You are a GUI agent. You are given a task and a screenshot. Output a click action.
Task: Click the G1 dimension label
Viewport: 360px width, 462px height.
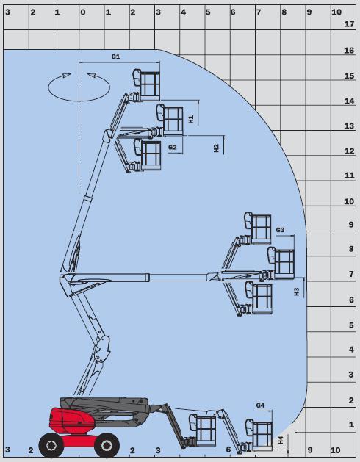click(x=115, y=57)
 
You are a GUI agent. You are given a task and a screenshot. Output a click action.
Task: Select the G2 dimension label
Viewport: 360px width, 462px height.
click(x=172, y=147)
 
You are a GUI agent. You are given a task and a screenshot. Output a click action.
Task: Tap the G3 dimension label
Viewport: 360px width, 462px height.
click(x=280, y=230)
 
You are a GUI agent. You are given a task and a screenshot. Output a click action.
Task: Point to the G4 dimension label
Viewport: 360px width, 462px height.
click(x=260, y=405)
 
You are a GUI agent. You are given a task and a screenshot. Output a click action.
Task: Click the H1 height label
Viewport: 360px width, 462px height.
click(x=191, y=119)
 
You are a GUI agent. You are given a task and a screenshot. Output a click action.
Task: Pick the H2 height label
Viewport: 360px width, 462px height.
click(x=217, y=148)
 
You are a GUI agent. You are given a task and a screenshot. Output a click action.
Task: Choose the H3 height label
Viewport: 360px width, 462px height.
click(x=297, y=292)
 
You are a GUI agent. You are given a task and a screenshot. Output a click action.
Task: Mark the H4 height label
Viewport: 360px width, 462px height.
click(x=281, y=440)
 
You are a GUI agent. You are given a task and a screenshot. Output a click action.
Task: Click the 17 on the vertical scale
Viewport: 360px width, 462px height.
click(x=349, y=24)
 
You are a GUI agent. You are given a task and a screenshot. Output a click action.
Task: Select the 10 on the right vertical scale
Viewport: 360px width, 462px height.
click(x=349, y=201)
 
